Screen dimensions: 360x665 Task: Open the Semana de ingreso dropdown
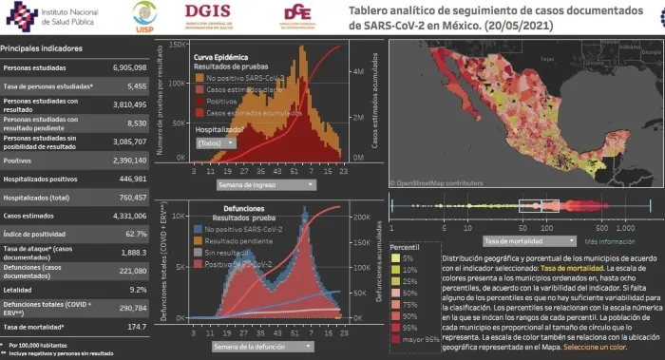pyautogui.click(x=261, y=184)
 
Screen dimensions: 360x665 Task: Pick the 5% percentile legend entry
pyautogui.click(x=409, y=257)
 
